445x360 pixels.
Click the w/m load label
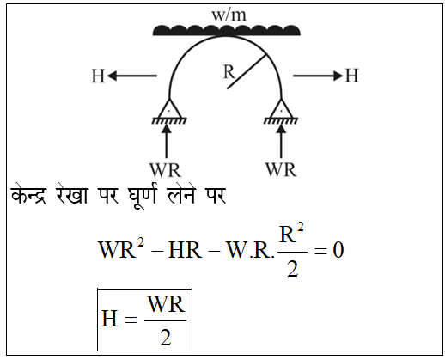coord(229,15)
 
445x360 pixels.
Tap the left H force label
coord(98,76)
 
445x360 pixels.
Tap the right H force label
coord(351,76)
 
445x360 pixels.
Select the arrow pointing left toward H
coord(132,76)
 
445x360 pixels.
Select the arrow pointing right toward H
coord(318,76)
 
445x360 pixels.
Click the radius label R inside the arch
coord(229,71)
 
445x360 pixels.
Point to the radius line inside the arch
coord(247,71)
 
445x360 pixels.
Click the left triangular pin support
coord(169,111)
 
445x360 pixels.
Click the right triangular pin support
coord(281,111)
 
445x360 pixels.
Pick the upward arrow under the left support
coord(167,141)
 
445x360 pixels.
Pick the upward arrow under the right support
coord(281,141)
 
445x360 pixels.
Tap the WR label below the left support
coord(166,170)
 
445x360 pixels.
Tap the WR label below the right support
coord(281,170)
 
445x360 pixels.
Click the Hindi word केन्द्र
coord(28,195)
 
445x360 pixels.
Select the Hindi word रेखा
coord(71,195)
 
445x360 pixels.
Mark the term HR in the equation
coord(185,251)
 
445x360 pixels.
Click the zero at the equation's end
coord(338,251)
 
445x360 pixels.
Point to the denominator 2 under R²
coord(293,269)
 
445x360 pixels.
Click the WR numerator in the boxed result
coord(166,304)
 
